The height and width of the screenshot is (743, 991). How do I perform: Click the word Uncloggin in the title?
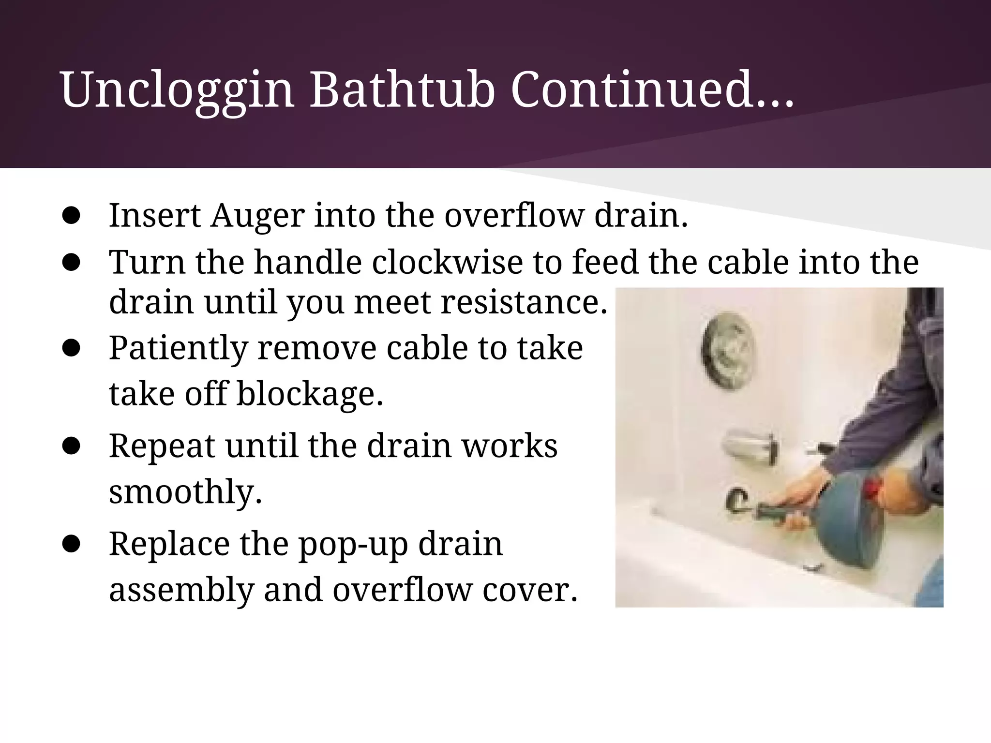(x=177, y=89)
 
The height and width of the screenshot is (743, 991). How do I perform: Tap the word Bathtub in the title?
(x=402, y=89)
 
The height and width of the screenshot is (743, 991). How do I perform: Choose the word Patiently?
(x=178, y=348)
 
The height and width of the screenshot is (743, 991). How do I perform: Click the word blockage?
(x=310, y=394)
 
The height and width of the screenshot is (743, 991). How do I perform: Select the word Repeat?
(x=162, y=446)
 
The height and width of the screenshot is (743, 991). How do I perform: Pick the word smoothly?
(x=185, y=491)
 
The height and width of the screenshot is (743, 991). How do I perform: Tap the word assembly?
(x=181, y=590)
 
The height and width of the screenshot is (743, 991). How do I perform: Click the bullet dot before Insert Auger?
(x=71, y=216)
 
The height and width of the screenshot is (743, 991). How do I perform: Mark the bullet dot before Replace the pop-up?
(x=71, y=544)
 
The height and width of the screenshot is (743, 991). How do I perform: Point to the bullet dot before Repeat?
(x=71, y=446)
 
